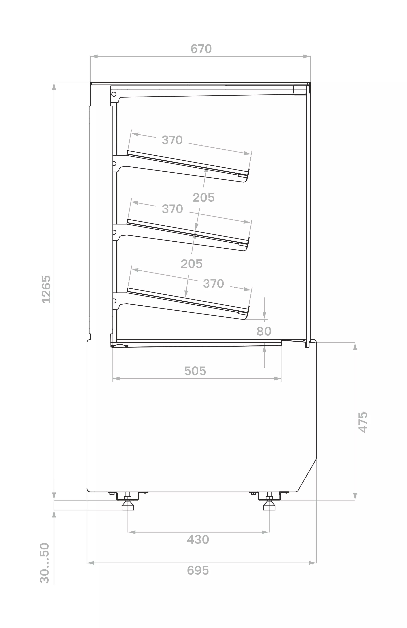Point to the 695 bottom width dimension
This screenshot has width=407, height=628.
pyautogui.click(x=198, y=570)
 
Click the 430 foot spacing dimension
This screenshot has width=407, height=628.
pyautogui.click(x=198, y=540)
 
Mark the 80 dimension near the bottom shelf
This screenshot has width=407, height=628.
pyautogui.click(x=264, y=331)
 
